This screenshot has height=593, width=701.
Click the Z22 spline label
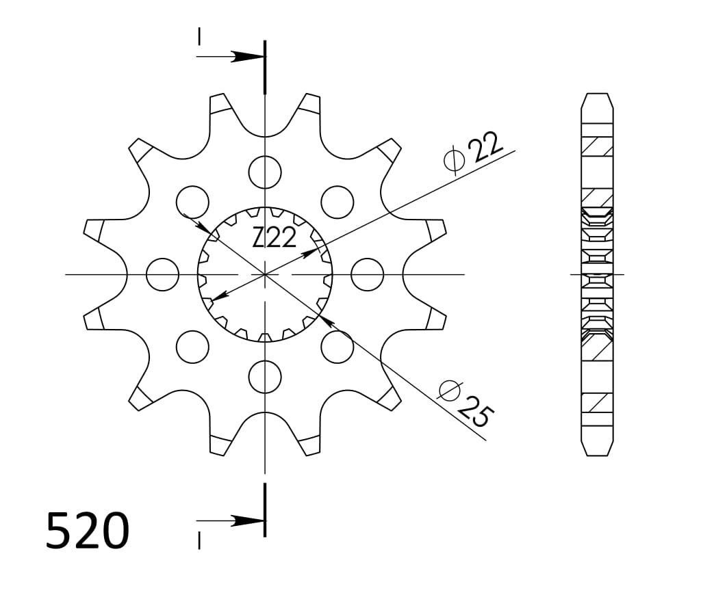point(274,237)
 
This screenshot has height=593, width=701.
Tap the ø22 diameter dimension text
point(474,152)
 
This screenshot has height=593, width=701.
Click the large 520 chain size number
point(87,530)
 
